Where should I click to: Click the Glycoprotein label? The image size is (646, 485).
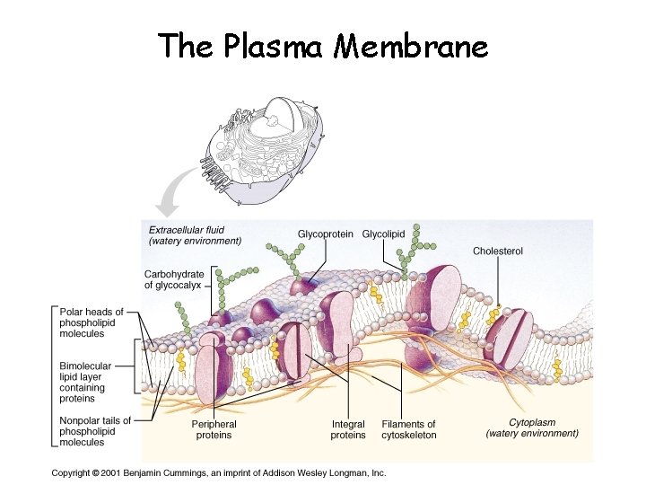(325, 234)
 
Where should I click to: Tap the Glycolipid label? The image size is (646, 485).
(383, 234)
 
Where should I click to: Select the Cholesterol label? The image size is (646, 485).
(498, 251)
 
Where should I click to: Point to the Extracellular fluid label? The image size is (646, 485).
(195, 234)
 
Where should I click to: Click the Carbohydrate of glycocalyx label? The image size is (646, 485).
(174, 279)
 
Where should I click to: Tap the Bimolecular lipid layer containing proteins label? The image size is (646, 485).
(87, 383)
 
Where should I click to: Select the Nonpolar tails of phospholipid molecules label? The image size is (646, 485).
(95, 431)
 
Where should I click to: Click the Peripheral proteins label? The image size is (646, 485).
(214, 429)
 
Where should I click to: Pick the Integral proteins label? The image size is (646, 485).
(348, 429)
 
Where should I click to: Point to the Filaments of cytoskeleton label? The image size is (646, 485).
(409, 429)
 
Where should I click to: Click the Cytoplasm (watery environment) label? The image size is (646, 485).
(532, 428)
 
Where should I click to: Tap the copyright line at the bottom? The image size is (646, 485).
(219, 472)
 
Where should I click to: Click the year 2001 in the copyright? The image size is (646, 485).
(110, 472)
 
